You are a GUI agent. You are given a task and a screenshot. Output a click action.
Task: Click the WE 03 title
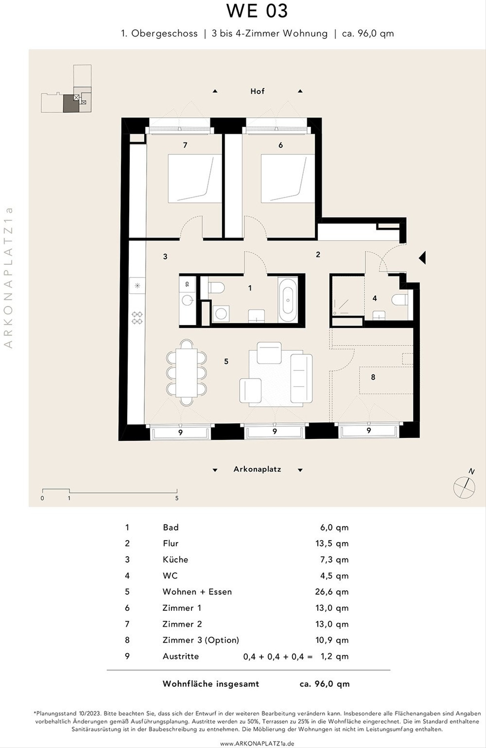[x=257, y=11]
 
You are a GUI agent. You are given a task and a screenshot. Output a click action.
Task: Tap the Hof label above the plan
[x=257, y=91]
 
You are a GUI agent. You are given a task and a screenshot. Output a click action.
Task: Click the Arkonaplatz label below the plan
[x=257, y=469]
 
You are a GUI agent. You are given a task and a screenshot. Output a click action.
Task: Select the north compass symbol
[x=465, y=485]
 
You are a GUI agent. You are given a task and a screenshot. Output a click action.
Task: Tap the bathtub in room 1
[x=288, y=300]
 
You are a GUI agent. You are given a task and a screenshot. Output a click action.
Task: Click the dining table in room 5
[x=186, y=372]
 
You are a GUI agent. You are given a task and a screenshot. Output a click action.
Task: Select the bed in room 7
[x=195, y=178]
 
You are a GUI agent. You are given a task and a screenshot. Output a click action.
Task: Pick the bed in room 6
[x=288, y=178]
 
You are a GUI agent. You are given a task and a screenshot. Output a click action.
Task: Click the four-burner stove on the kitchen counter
[x=137, y=318]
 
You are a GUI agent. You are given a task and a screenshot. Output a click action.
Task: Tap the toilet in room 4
[x=400, y=300]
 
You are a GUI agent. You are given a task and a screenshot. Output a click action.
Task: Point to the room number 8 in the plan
[x=373, y=377]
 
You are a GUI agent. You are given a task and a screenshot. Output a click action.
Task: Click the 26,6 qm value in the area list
[x=332, y=592]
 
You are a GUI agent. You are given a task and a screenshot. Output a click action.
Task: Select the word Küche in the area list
[x=175, y=559]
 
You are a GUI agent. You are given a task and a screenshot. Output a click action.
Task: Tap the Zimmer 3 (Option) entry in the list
[x=201, y=640]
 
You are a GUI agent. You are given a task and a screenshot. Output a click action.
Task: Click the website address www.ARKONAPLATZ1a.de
[x=257, y=744]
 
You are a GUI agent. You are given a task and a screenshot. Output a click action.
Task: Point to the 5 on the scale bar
[x=177, y=498]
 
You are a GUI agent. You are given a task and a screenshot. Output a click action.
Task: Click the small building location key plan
[x=66, y=88]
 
